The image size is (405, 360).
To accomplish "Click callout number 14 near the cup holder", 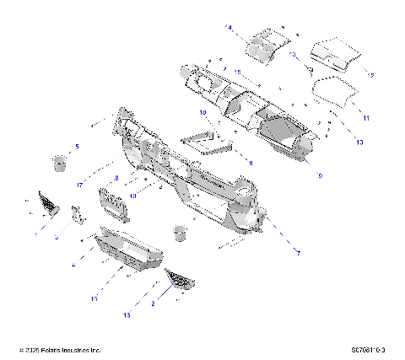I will (229, 28).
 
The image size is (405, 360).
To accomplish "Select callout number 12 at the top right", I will (369, 74).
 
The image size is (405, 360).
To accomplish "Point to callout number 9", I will (320, 176).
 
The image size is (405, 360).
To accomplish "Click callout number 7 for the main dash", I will (297, 252).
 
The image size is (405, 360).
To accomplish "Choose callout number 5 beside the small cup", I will (77, 147).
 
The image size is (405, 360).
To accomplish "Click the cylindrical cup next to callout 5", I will (61, 161).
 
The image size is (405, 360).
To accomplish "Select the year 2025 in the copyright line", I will (36, 349).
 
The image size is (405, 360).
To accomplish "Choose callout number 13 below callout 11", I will (359, 143).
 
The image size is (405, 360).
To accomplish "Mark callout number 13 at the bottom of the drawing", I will (127, 316).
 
